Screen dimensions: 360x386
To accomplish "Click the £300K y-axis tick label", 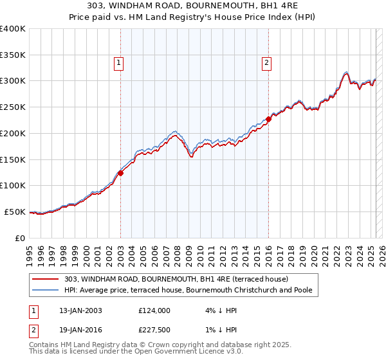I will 13,81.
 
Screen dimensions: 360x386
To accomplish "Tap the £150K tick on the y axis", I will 13,159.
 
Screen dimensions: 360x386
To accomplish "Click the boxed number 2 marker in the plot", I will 266,62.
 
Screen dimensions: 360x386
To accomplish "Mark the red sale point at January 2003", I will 120,173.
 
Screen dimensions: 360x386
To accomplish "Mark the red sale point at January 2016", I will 268,119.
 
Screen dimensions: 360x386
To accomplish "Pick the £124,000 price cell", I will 154,310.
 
